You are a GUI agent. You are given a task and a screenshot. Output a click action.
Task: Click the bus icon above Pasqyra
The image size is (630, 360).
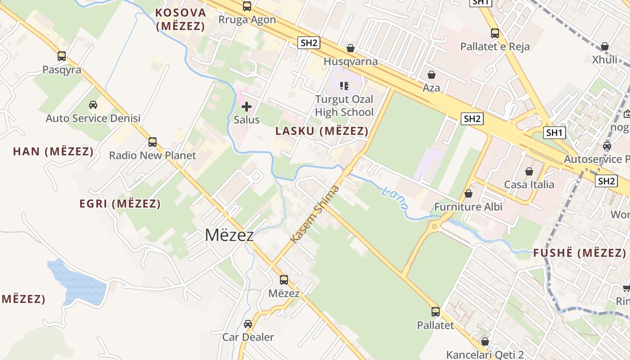coord(62,56)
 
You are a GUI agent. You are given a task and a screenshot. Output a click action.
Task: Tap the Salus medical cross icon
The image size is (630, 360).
coord(246,107)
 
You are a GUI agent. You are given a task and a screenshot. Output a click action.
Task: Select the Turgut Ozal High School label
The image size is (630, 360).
coord(344,106)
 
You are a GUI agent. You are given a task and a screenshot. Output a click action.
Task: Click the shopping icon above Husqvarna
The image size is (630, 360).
coord(351,48)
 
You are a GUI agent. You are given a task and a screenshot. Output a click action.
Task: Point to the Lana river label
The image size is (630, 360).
coord(394,198)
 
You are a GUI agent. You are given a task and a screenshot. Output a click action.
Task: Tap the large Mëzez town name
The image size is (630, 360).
coord(229,235)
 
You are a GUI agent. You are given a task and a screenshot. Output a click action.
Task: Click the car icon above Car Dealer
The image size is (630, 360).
coord(248,324)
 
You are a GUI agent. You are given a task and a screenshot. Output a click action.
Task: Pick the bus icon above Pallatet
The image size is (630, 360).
coord(435,311)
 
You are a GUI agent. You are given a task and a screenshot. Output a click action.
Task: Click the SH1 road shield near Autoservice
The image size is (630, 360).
coord(554,132)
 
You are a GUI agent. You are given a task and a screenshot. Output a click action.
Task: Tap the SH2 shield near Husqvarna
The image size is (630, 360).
coord(309,43)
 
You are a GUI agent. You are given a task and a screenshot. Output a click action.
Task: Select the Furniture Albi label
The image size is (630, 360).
coord(468,207)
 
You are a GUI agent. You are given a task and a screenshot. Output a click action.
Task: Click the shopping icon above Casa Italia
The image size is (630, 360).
coord(529,171)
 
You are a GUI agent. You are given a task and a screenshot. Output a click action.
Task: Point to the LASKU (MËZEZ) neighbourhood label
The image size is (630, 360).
coord(322,131)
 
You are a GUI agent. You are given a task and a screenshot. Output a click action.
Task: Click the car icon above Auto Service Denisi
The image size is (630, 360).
coord(93,105)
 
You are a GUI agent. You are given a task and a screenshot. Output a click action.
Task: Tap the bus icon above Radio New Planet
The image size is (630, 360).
coord(153,142)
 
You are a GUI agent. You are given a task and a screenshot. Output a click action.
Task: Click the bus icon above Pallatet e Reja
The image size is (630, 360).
coord(495,33)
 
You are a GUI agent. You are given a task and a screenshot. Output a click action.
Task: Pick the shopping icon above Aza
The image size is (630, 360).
coord(432,75)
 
